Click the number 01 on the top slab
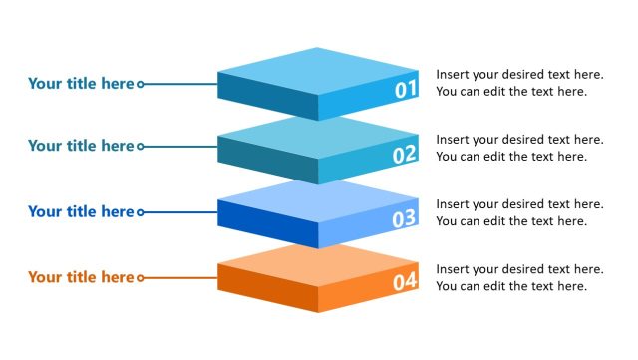point(405,90)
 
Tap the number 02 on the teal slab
point(404,155)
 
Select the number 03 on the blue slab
point(404,218)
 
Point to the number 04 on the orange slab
point(404,282)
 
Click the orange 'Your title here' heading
point(80,277)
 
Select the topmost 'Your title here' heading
point(80,84)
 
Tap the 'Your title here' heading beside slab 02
point(80,146)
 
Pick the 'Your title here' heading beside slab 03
point(80,211)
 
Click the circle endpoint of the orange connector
point(140,278)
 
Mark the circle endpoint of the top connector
point(140,85)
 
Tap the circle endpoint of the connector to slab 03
point(140,212)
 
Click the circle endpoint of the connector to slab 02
point(140,147)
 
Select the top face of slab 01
point(319,72)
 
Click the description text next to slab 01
point(519,83)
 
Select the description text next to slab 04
point(519,277)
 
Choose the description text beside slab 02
point(519,148)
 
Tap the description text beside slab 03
point(519,212)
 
